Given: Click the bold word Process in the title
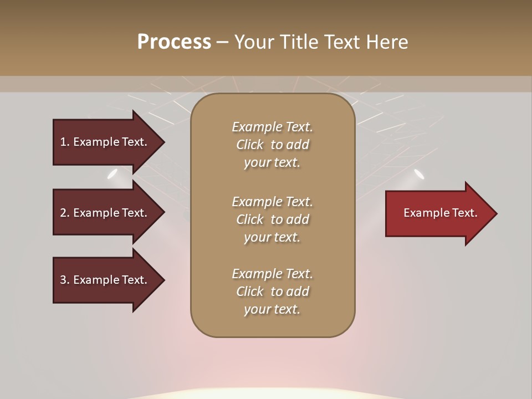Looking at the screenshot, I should coord(174,42).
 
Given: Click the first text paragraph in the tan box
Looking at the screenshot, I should coord(272,145).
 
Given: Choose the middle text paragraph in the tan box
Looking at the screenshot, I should coord(272,219).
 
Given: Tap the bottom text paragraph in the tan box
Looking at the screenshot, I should coord(272,291).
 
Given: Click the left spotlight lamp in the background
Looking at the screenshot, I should coord(112,174).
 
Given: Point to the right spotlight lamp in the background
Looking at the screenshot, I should coord(419,174).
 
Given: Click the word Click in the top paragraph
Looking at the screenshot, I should coord(249,145).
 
